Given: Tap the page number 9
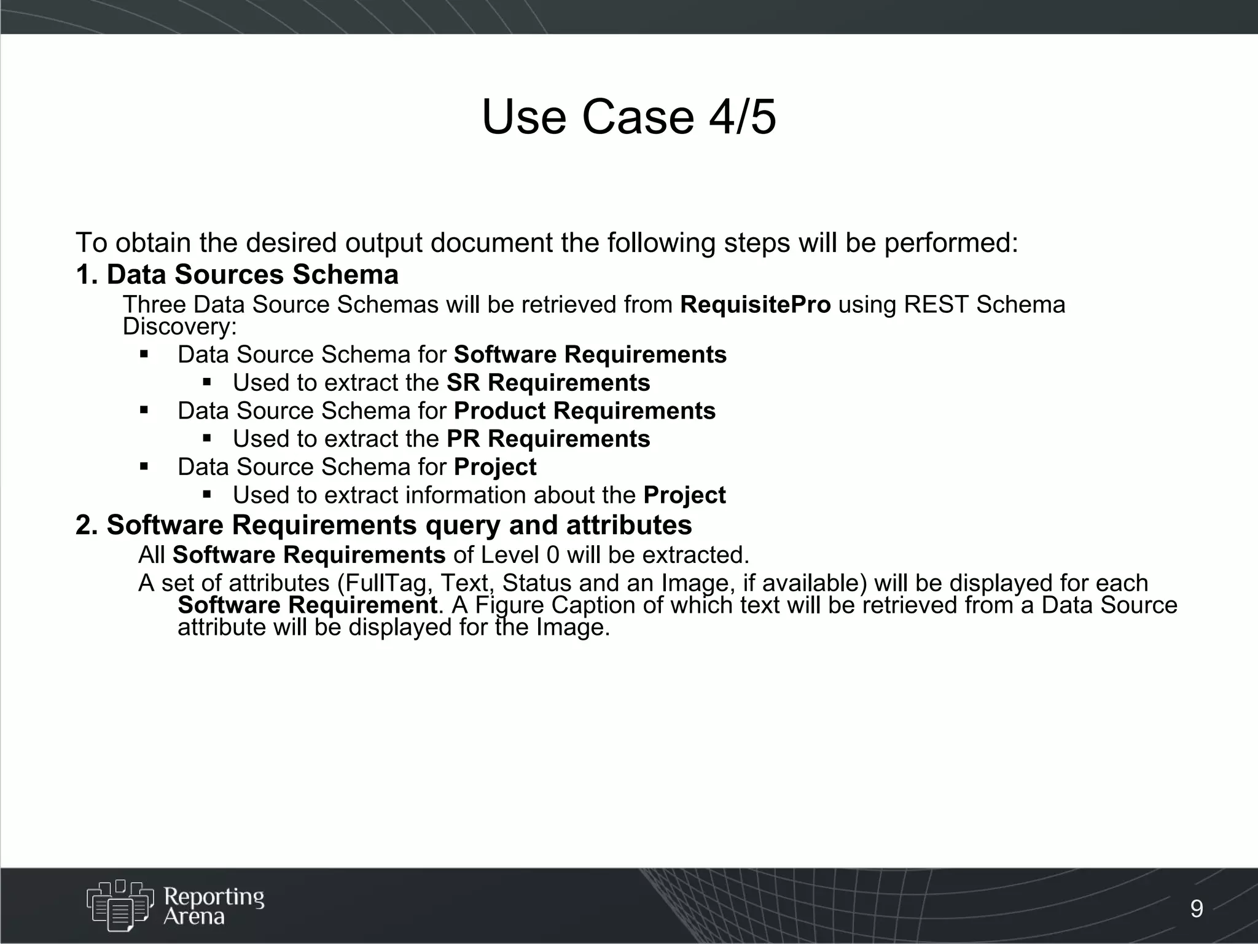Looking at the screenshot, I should click(1197, 908).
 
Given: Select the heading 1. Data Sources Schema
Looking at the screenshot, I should click(237, 274).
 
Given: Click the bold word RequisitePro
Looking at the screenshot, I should click(755, 305).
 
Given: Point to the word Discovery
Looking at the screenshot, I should click(179, 326).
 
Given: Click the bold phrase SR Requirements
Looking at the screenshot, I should click(548, 383).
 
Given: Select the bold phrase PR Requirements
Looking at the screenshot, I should click(548, 439).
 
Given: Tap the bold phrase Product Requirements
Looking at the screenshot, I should click(585, 411).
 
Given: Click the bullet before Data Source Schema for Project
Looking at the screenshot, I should click(145, 466).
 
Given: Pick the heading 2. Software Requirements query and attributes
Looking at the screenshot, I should click(384, 525).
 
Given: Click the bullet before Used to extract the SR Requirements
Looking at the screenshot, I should click(207, 382).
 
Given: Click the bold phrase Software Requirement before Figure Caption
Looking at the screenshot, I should click(307, 605).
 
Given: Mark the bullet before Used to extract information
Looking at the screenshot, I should click(207, 494).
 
